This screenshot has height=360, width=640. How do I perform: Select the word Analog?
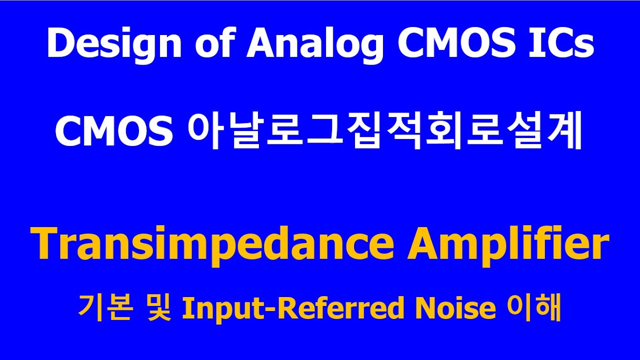315,45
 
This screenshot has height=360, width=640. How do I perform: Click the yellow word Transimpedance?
212,244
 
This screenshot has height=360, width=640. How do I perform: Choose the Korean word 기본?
104,308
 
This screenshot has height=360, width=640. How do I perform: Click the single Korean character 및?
158,308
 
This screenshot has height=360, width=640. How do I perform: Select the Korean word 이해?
534,308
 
